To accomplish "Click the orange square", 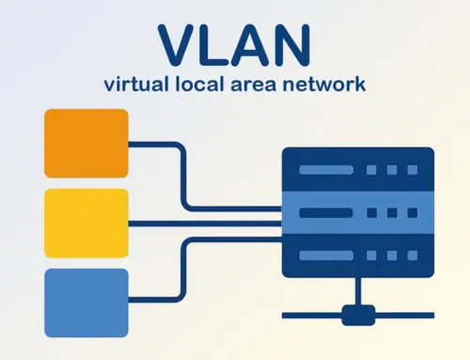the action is (86, 144).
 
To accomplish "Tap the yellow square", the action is (86, 224).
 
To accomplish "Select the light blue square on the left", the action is (86, 303).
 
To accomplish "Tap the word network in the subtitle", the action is (329, 84).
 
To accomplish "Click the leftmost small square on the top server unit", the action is (371, 169).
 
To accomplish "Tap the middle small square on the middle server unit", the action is (390, 212).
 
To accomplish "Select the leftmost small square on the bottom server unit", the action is (371, 255).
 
